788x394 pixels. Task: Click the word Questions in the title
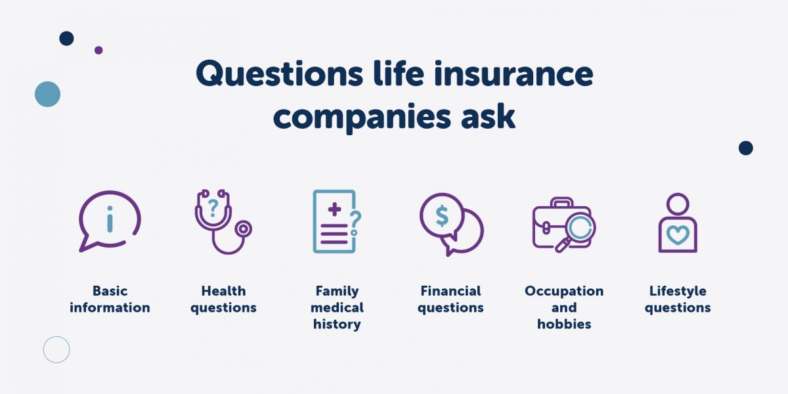click(278, 74)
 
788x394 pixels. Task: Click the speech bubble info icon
click(110, 221)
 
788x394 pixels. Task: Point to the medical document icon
click(336, 221)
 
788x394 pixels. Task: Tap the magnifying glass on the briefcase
click(578, 229)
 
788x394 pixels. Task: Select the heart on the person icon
click(678, 234)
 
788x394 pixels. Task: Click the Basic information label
click(110, 299)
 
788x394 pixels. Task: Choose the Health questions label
click(223, 299)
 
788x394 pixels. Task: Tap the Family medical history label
click(337, 307)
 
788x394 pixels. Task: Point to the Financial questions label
click(450, 299)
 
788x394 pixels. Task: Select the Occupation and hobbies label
click(564, 307)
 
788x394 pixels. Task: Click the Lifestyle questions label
click(678, 299)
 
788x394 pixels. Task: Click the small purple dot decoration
click(98, 50)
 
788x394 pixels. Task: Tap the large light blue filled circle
click(47, 94)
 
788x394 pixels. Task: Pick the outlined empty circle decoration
click(56, 349)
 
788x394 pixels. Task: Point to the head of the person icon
click(678, 204)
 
